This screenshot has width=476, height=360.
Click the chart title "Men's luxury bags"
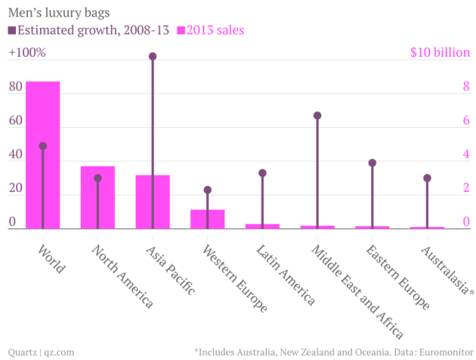point(57,12)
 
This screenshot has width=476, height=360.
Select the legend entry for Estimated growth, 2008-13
point(88,30)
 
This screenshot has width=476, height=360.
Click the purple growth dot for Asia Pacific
point(153,57)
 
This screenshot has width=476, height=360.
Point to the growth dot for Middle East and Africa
point(317,116)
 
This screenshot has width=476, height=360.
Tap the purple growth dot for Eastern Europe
point(372,163)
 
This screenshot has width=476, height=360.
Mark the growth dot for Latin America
point(262,173)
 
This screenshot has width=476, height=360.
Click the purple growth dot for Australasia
point(427,178)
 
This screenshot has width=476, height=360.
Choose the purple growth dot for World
point(43,146)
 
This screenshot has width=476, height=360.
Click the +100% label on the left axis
point(27,53)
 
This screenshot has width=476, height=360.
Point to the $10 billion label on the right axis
point(440,53)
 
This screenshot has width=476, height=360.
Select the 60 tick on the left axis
point(15,121)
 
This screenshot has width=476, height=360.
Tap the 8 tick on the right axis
point(466,87)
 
